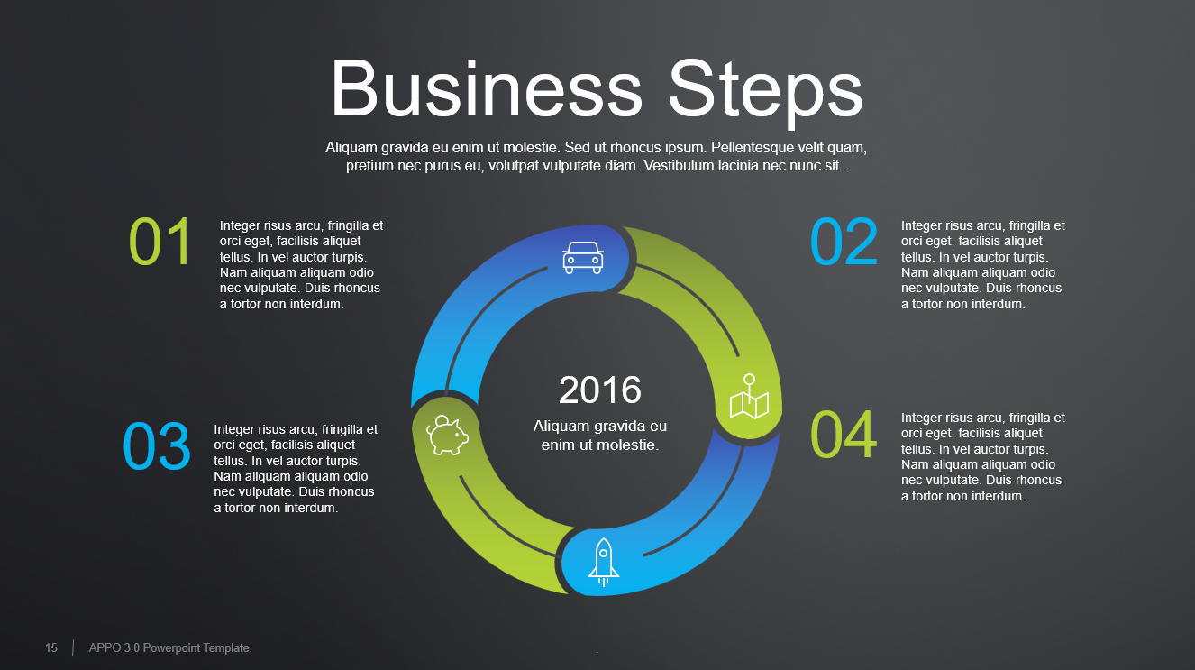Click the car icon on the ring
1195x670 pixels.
(582, 257)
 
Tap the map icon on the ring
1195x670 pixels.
(749, 398)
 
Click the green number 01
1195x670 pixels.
(160, 243)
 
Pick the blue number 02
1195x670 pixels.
(844, 243)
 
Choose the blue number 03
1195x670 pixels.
(157, 447)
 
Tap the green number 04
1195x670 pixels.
(844, 436)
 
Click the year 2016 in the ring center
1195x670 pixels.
(600, 390)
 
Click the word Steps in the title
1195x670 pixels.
(765, 88)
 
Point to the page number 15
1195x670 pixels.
(51, 648)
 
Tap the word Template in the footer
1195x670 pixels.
(228, 648)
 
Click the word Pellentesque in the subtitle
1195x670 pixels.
(752, 147)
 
